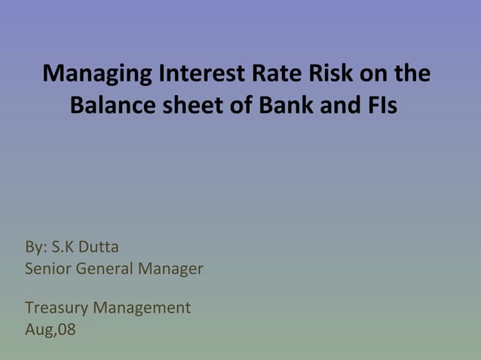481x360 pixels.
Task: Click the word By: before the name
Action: click(x=35, y=247)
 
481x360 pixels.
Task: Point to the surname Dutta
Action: click(x=97, y=247)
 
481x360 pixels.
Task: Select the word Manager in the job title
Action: click(x=172, y=267)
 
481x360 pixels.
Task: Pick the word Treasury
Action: click(x=56, y=307)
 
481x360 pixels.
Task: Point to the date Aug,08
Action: click(x=51, y=328)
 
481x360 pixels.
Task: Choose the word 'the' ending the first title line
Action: click(x=412, y=75)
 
